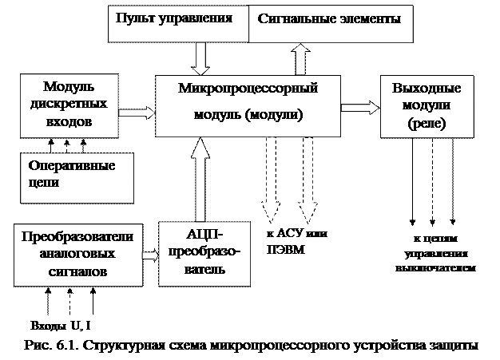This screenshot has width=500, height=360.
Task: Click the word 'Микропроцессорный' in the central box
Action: (x=248, y=88)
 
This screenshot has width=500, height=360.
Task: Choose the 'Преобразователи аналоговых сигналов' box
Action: (x=77, y=253)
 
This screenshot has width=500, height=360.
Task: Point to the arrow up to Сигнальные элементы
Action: (x=302, y=58)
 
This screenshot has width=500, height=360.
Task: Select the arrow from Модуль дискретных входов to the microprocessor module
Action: (x=137, y=111)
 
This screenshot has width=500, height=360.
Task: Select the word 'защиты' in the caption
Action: (x=454, y=346)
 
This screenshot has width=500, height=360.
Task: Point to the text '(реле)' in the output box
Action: (x=427, y=125)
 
